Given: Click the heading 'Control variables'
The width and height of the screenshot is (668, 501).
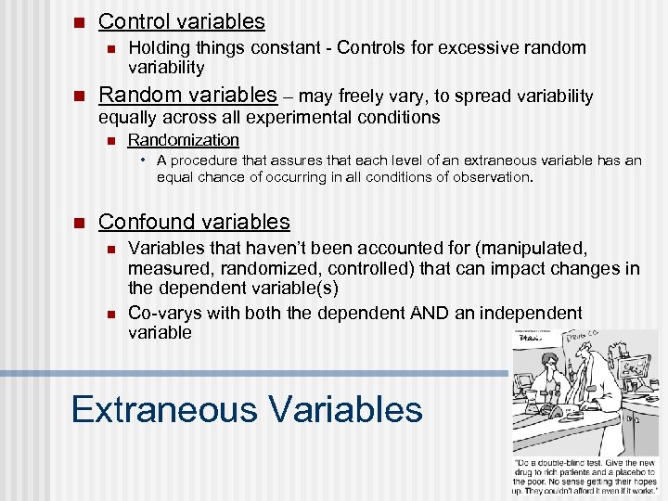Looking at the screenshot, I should pyautogui.click(x=181, y=21).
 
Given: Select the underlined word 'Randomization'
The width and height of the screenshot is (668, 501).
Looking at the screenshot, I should pyautogui.click(x=183, y=140).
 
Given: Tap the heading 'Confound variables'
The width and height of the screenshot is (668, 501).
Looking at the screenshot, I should pyautogui.click(x=194, y=222).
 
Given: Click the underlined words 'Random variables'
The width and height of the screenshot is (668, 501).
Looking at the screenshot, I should pyautogui.click(x=187, y=95).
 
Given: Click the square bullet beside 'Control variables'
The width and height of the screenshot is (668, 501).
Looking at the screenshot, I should pyautogui.click(x=79, y=22).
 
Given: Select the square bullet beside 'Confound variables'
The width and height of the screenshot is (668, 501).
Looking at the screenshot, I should pyautogui.click(x=79, y=223).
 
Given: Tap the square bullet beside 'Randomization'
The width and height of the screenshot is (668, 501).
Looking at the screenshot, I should pyautogui.click(x=109, y=141).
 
